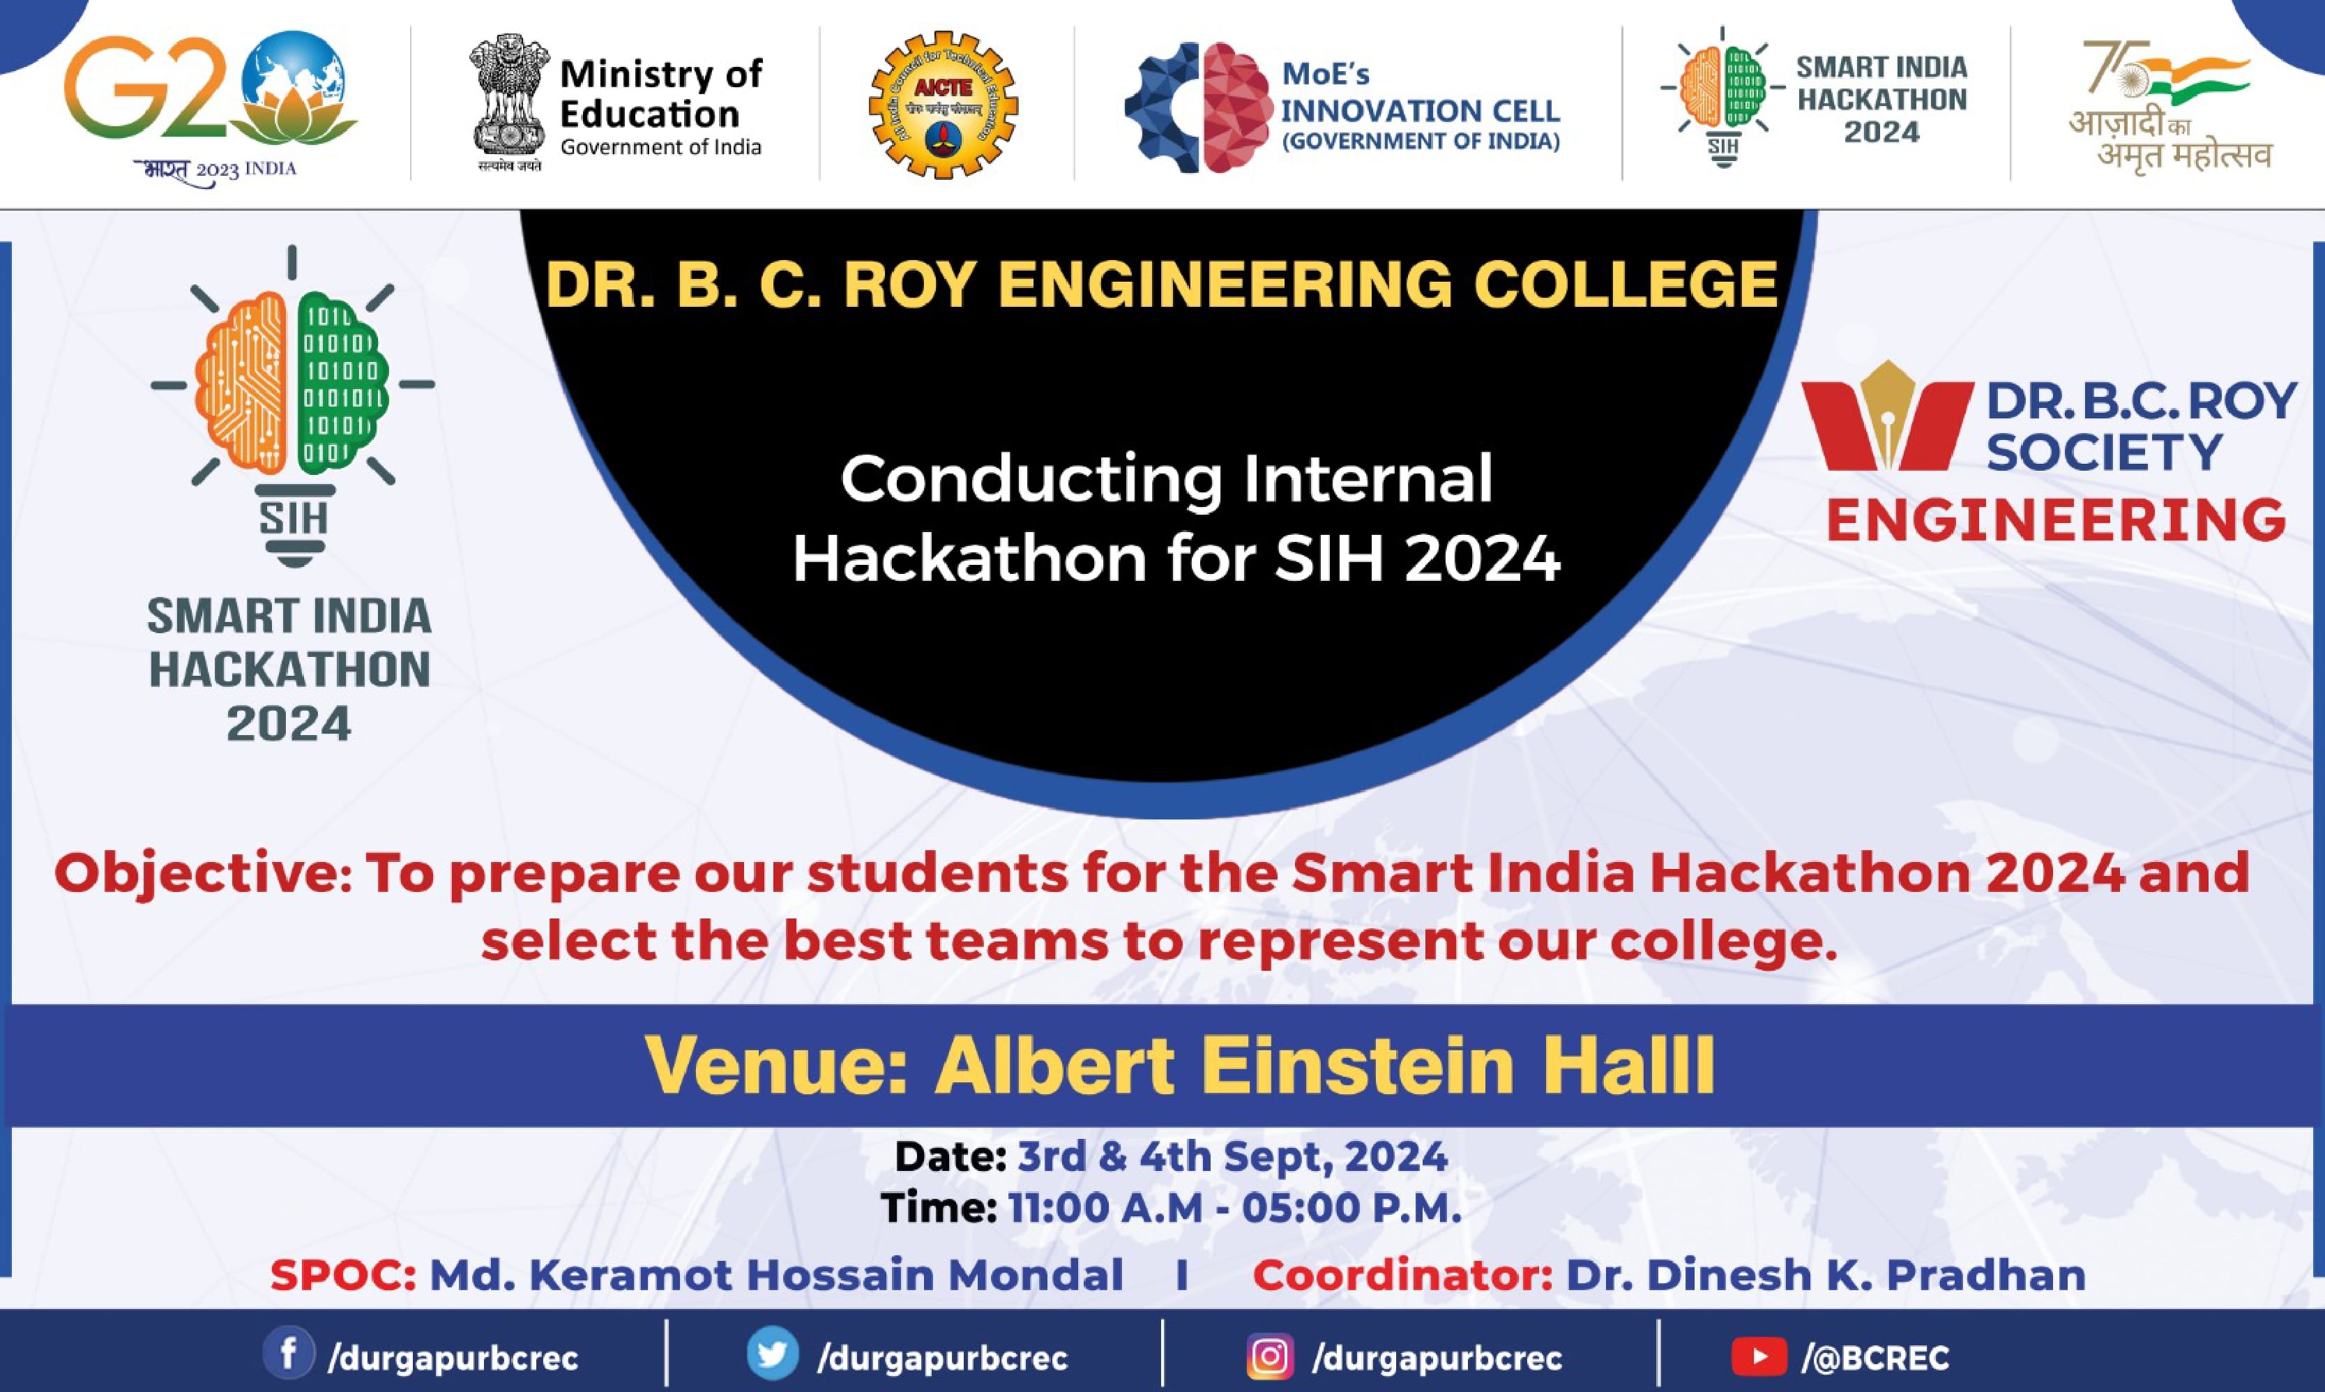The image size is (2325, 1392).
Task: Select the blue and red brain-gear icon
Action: (x=1197, y=107)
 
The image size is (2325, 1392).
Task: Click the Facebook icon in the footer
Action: (x=287, y=1354)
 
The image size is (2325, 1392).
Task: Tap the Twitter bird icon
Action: (x=773, y=1354)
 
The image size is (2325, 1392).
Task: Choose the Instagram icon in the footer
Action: (x=1270, y=1356)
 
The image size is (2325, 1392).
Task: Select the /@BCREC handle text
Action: (x=1876, y=1357)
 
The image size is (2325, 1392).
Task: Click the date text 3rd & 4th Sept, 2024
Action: (x=1232, y=1156)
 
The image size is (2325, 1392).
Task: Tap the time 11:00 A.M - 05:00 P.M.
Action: (x=1235, y=1208)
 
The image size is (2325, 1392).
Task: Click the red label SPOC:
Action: (x=343, y=1276)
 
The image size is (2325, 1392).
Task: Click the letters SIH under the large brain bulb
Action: (x=294, y=517)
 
